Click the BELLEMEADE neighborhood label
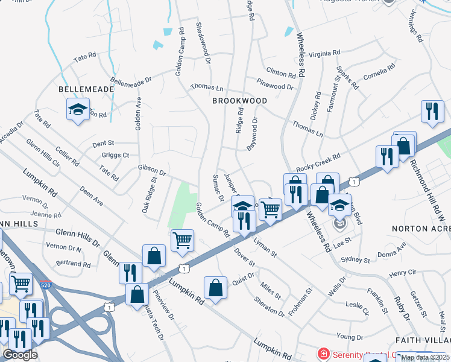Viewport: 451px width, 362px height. point(86,89)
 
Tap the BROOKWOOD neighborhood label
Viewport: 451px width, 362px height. point(239,101)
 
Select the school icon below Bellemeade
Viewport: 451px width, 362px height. point(77,110)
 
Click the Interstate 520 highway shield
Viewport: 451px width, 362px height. point(46,284)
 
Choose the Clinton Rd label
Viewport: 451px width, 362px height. point(281,75)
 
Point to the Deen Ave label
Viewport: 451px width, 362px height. point(91,195)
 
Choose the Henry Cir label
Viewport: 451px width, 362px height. point(403,273)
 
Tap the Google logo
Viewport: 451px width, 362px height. point(20,354)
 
